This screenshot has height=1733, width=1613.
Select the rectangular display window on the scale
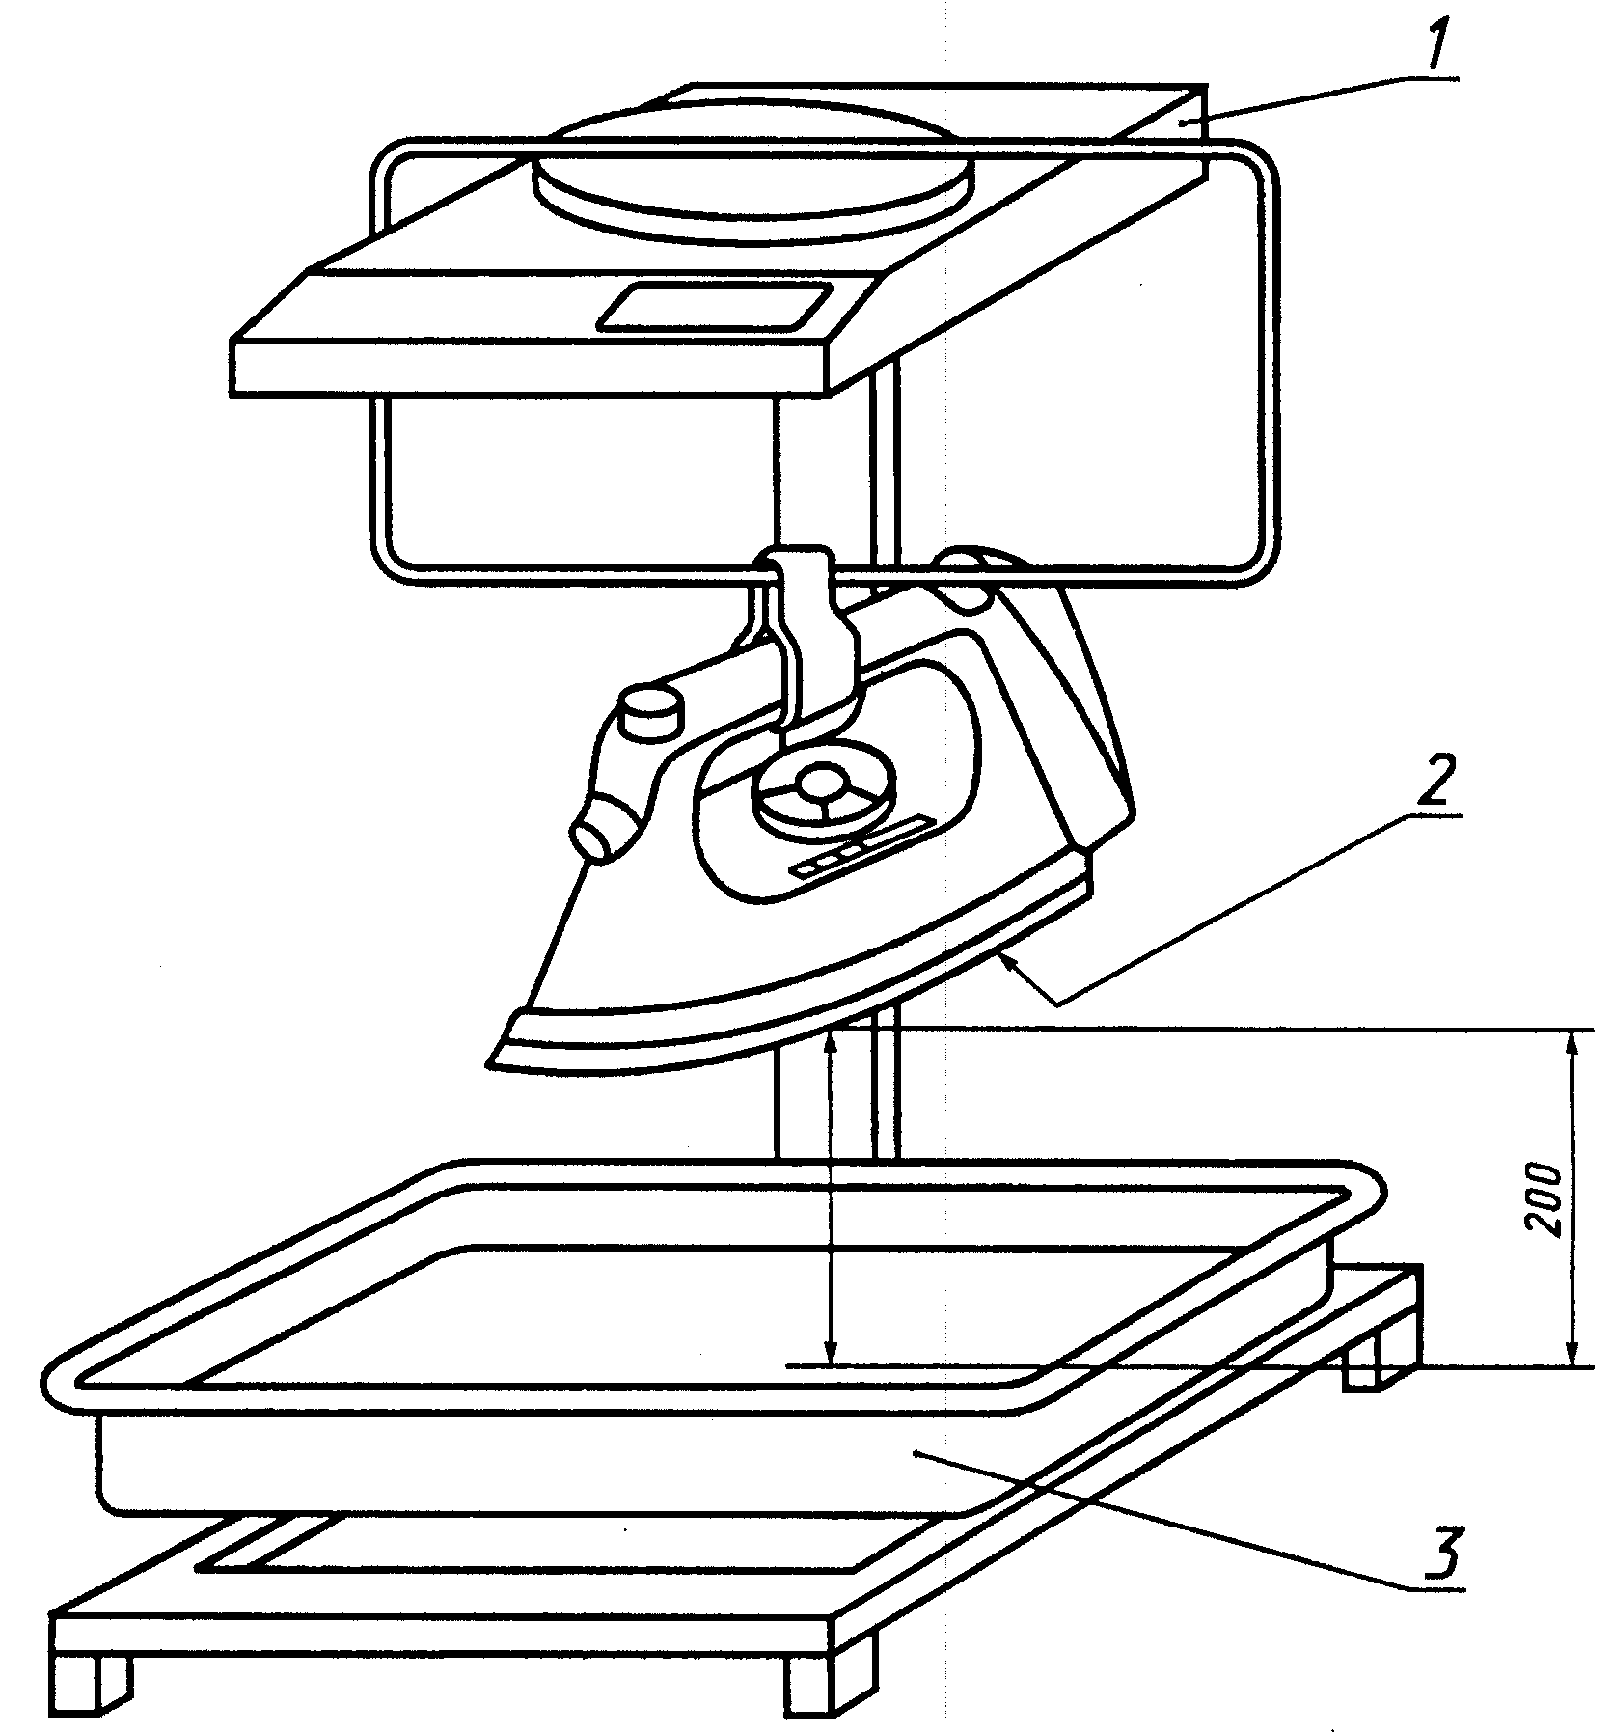pyautogui.click(x=716, y=308)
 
